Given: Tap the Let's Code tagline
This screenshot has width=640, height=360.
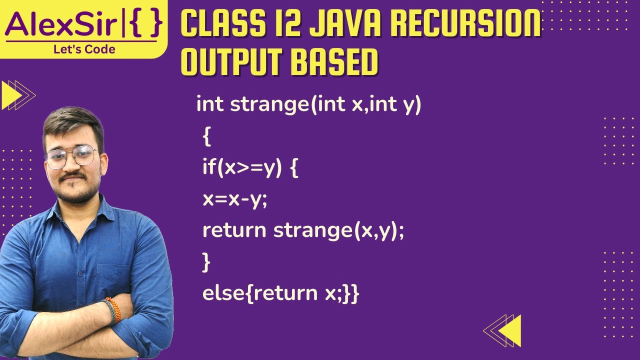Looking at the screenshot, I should point(84,49).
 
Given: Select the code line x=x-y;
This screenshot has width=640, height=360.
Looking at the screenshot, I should point(235,199).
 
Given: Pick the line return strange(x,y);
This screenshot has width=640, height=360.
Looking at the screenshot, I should point(302,230).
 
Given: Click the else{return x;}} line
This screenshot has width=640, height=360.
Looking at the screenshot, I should point(280,293).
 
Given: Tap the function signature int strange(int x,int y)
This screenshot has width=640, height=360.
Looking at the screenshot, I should point(309,104).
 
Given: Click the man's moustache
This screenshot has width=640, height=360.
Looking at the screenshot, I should point(73,177).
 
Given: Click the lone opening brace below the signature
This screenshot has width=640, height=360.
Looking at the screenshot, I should point(207,136).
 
